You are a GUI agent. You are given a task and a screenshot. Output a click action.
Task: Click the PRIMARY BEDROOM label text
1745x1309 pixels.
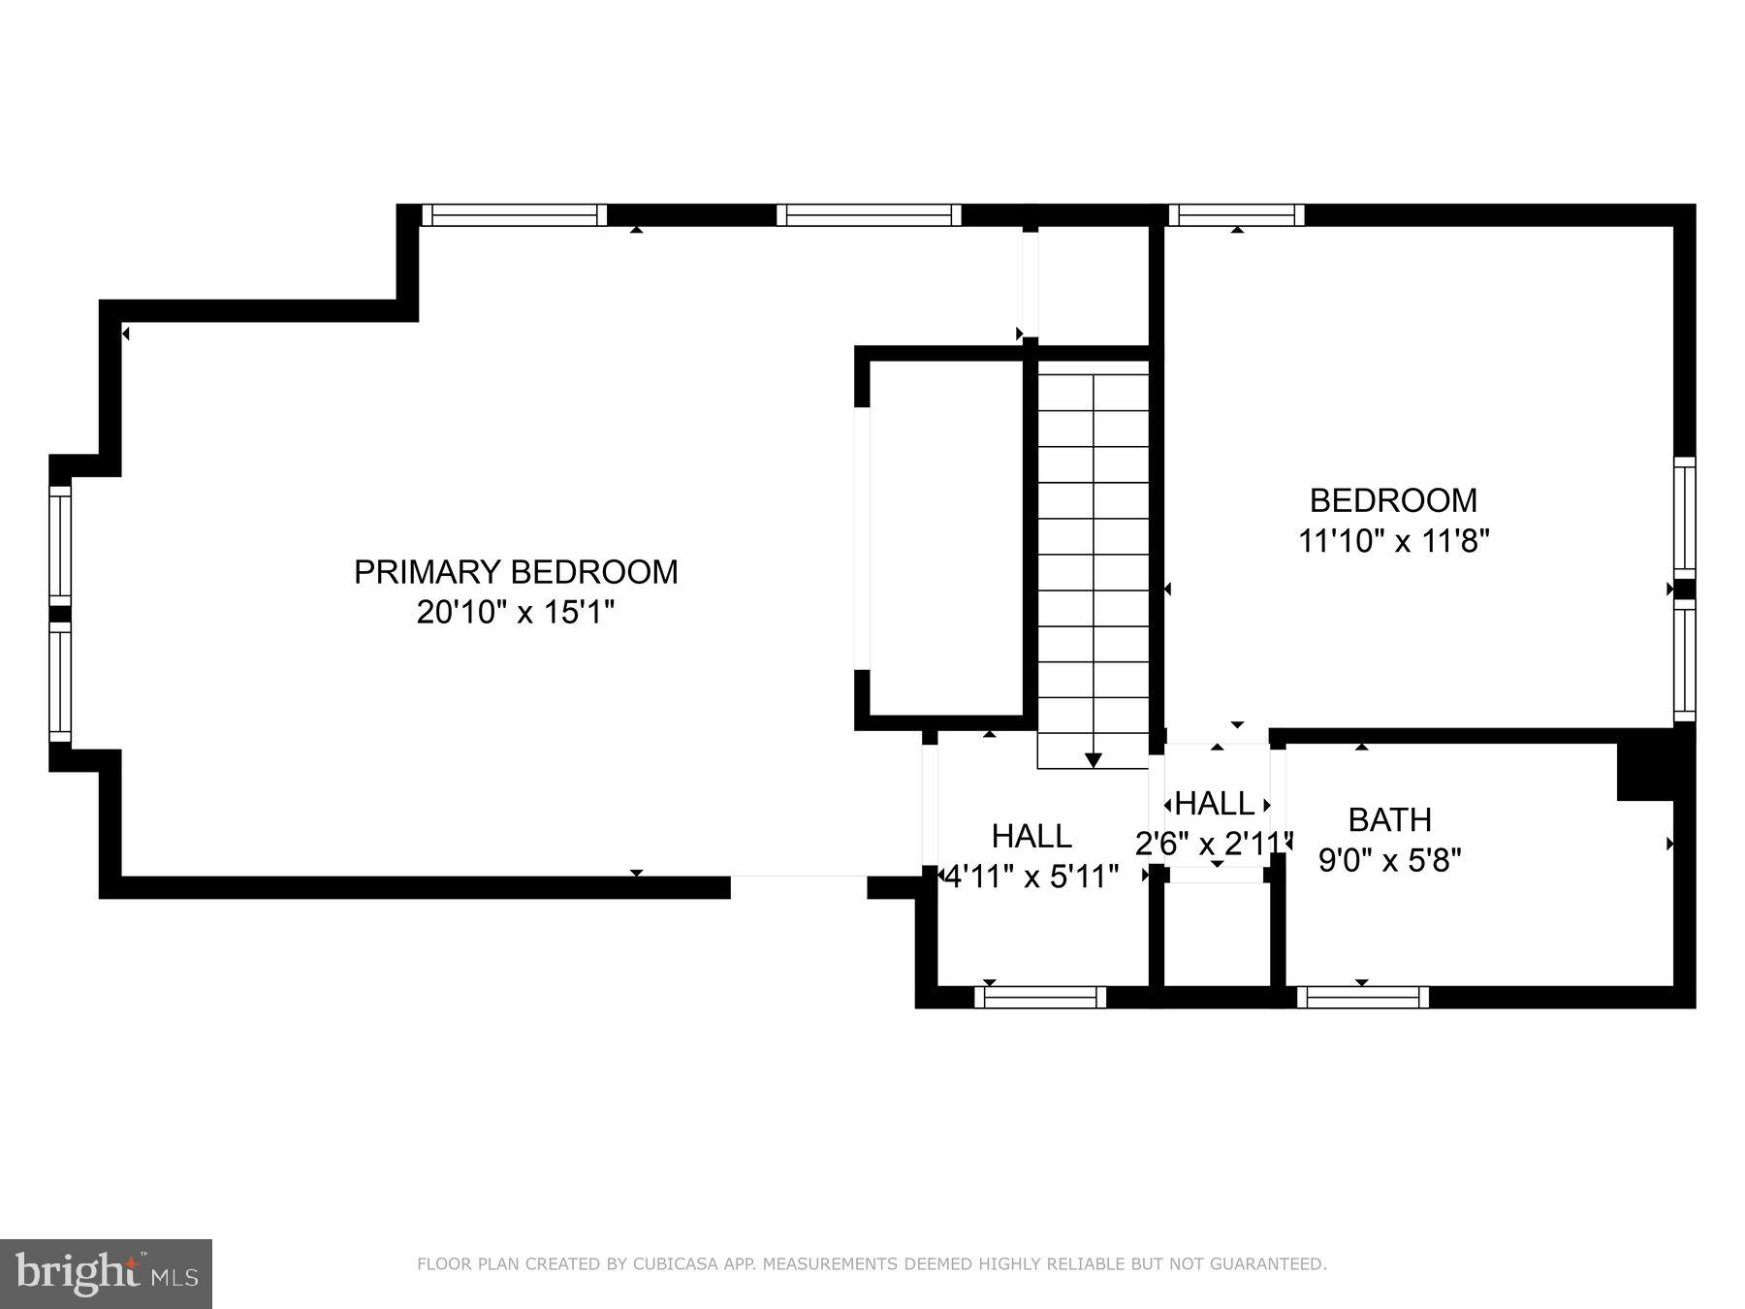pyautogui.click(x=516, y=572)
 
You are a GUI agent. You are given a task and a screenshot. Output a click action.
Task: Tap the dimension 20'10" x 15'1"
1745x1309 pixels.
pyautogui.click(x=516, y=613)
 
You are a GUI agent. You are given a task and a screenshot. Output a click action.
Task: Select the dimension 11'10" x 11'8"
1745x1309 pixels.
pyautogui.click(x=1393, y=540)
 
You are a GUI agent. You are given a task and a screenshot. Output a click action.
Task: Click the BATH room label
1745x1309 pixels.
pyautogui.click(x=1389, y=820)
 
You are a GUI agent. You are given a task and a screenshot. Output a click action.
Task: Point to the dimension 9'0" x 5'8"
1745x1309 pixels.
pyautogui.click(x=1389, y=860)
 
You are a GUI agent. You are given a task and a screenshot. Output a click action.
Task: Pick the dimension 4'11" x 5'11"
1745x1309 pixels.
pyautogui.click(x=1031, y=877)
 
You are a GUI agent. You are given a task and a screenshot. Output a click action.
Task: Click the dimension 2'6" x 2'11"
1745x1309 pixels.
pyautogui.click(x=1214, y=844)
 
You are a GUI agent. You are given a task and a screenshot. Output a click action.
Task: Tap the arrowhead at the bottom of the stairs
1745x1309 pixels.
pyautogui.click(x=1094, y=760)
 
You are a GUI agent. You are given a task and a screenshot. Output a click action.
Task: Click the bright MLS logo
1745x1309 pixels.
pyautogui.click(x=106, y=1273)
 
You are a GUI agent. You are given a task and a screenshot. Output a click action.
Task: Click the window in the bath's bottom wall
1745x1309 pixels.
pyautogui.click(x=1362, y=997)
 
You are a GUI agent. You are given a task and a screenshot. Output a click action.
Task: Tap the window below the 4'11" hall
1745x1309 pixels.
pyautogui.click(x=1040, y=997)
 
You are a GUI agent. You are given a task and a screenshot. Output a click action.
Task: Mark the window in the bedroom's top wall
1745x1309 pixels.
pyautogui.click(x=1236, y=215)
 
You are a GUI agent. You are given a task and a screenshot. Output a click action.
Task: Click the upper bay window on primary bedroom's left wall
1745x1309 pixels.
pyautogui.click(x=60, y=546)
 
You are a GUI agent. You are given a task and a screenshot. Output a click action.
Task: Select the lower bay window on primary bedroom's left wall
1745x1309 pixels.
pyautogui.click(x=60, y=682)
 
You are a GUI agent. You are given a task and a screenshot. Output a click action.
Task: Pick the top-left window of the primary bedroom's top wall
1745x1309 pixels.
pyautogui.click(x=514, y=215)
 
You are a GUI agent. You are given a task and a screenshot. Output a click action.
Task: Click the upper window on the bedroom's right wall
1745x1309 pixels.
pyautogui.click(x=1685, y=517)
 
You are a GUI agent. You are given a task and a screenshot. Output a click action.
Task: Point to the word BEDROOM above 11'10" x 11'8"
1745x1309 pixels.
pyautogui.click(x=1393, y=500)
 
